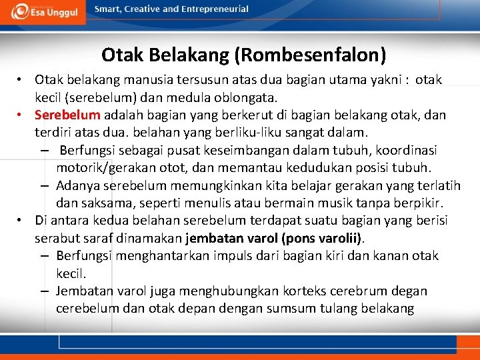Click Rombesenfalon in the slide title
click(x=321, y=53)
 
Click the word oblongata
click(x=250, y=97)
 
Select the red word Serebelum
click(x=67, y=115)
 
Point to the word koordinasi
click(x=411, y=150)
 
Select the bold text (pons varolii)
click(x=322, y=238)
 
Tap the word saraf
click(x=99, y=238)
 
